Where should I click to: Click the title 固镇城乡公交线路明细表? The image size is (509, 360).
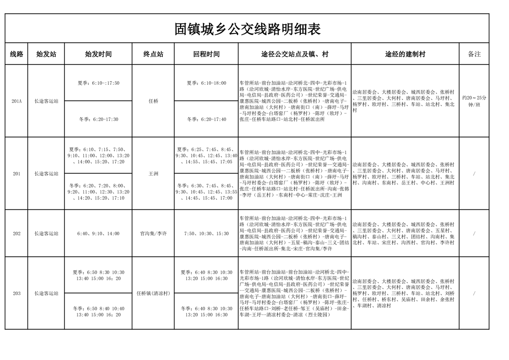(x=247, y=29)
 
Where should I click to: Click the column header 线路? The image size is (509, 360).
(x=16, y=54)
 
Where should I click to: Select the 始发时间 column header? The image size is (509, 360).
(x=98, y=54)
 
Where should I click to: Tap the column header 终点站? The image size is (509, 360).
(x=153, y=54)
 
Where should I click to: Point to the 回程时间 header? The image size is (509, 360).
(x=206, y=54)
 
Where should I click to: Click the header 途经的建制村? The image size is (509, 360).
(x=405, y=54)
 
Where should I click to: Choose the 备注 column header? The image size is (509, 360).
(x=474, y=54)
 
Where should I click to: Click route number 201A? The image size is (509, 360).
(x=16, y=101)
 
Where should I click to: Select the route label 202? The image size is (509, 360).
(x=16, y=234)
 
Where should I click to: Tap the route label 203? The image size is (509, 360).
(x=16, y=293)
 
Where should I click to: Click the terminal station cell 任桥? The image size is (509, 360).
(x=153, y=101)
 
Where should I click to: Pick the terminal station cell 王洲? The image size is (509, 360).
(x=153, y=174)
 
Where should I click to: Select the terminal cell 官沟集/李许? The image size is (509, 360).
(x=153, y=234)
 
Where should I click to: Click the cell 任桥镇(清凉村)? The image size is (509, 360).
(x=153, y=293)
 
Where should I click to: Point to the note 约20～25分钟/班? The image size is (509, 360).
(x=474, y=101)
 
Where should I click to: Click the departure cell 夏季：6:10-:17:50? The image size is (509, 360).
(x=98, y=83)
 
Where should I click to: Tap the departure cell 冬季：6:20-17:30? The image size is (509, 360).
(x=98, y=119)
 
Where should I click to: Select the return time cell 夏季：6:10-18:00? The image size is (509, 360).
(x=206, y=83)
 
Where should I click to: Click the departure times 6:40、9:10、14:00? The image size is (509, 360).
(x=98, y=234)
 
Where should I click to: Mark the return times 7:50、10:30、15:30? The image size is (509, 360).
(x=206, y=234)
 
